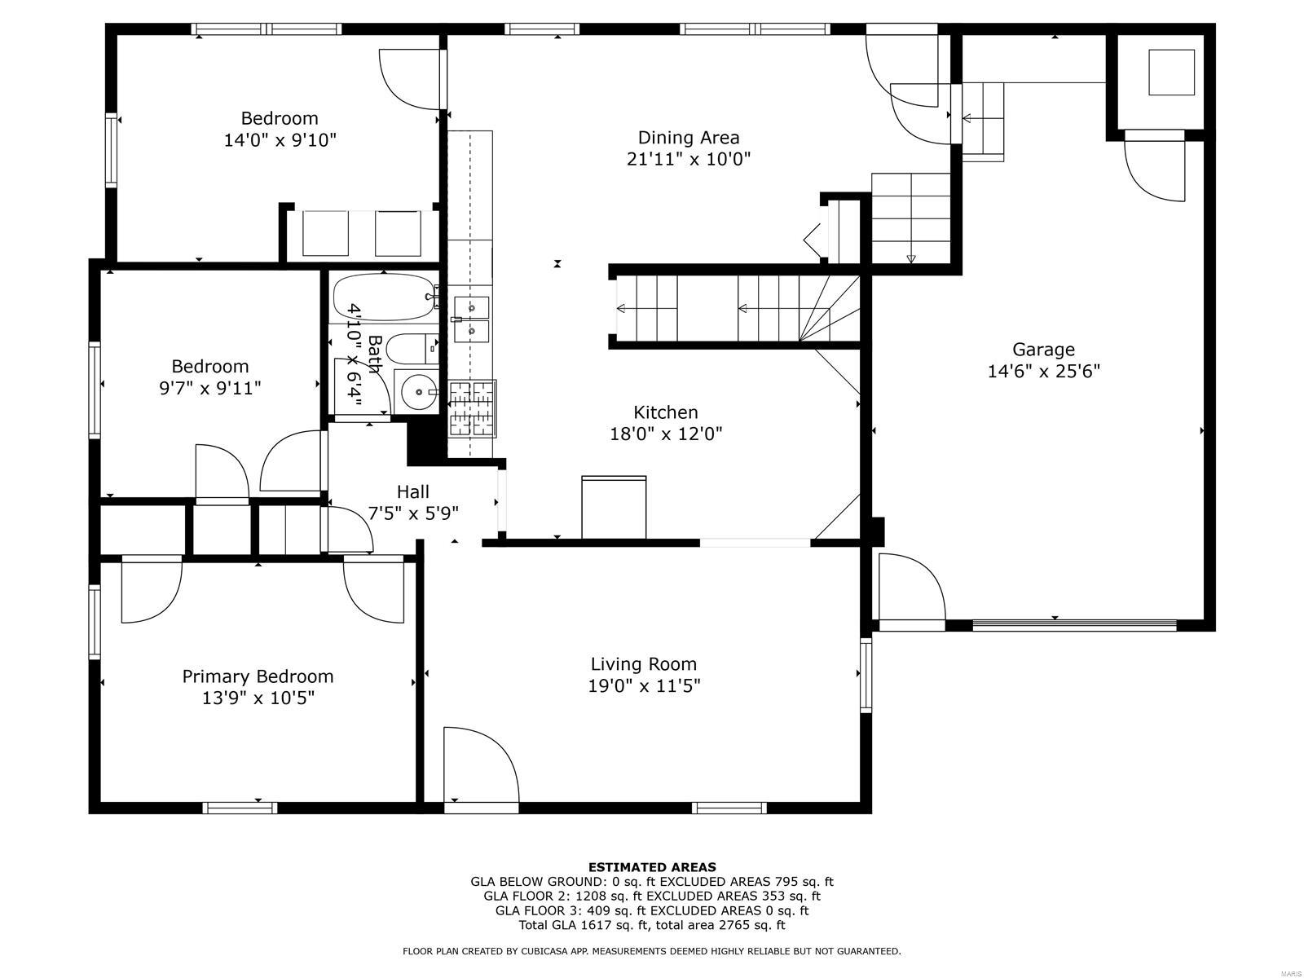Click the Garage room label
pos(1043,350)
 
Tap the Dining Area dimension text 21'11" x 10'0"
pos(688,159)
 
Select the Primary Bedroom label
pos(258,676)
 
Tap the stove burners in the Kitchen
pos(473,409)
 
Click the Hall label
pos(413,491)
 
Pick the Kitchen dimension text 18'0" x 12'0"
pos(666,434)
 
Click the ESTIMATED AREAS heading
pos(652,867)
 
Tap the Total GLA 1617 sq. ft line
pos(652,925)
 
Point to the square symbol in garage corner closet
pos(1171,73)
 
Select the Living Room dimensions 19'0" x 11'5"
pos(644,686)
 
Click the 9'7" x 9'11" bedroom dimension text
pos(210,388)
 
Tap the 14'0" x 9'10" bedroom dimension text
pos(280,140)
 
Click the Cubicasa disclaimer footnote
pos(652,951)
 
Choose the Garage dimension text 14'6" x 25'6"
pos(1043,372)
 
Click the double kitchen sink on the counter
pos(471,319)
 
